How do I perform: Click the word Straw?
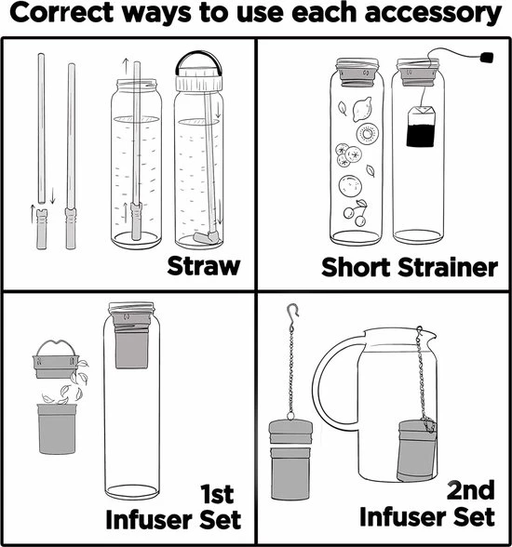pyautogui.click(x=204, y=266)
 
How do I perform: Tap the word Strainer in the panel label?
pyautogui.click(x=448, y=268)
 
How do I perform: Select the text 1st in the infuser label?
pyautogui.click(x=217, y=494)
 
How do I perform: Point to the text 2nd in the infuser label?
pyautogui.click(x=470, y=489)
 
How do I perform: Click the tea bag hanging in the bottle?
pyautogui.click(x=422, y=126)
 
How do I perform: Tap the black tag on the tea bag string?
pyautogui.click(x=487, y=58)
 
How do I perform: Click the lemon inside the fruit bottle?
pyautogui.click(x=362, y=109)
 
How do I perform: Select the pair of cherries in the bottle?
pyautogui.click(x=356, y=212)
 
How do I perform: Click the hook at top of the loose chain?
pyautogui.click(x=292, y=311)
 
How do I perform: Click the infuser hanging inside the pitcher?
pyautogui.click(x=416, y=451)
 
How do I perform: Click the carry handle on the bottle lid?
pyautogui.click(x=199, y=60)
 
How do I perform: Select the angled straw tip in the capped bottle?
pyautogui.click(x=206, y=237)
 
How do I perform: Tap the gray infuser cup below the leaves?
pyautogui.click(x=57, y=429)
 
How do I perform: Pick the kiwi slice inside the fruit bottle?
pyautogui.click(x=368, y=133)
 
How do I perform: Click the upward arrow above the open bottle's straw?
pyautogui.click(x=126, y=66)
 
